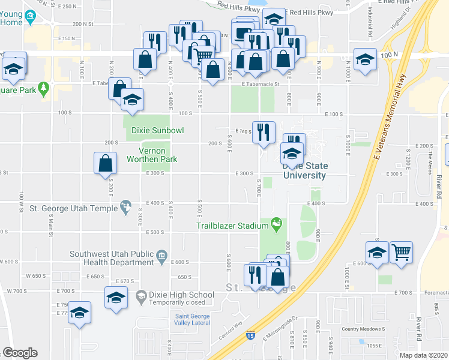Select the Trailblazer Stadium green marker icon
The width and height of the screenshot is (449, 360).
tap(277, 226)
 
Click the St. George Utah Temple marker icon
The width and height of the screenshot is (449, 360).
tap(125, 208)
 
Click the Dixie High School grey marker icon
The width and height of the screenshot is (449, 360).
tap(140, 295)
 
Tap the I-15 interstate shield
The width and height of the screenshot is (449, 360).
tap(249, 337)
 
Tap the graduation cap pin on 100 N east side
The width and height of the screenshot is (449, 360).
tap(364, 59)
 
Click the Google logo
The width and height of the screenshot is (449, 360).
tap(19, 353)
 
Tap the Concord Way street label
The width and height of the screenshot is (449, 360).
tap(230, 334)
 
